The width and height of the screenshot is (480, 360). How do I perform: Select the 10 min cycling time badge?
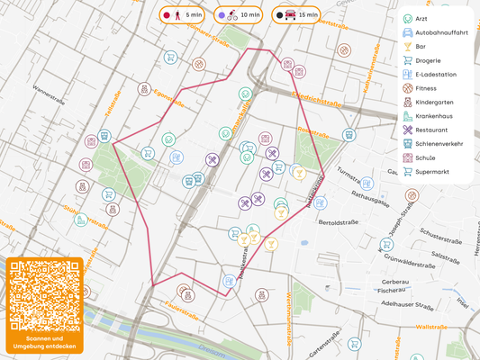click(x=240, y=15)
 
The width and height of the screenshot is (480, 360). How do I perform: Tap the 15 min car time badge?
click(x=297, y=15)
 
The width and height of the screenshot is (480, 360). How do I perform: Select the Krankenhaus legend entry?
click(x=438, y=116)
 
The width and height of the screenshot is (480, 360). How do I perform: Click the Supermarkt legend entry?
click(x=437, y=171)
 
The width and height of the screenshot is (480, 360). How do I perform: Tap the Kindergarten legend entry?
click(x=439, y=103)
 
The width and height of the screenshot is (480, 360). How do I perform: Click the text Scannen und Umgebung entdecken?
click(x=44, y=343)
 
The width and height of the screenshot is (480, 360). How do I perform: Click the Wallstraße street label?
click(x=431, y=328)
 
